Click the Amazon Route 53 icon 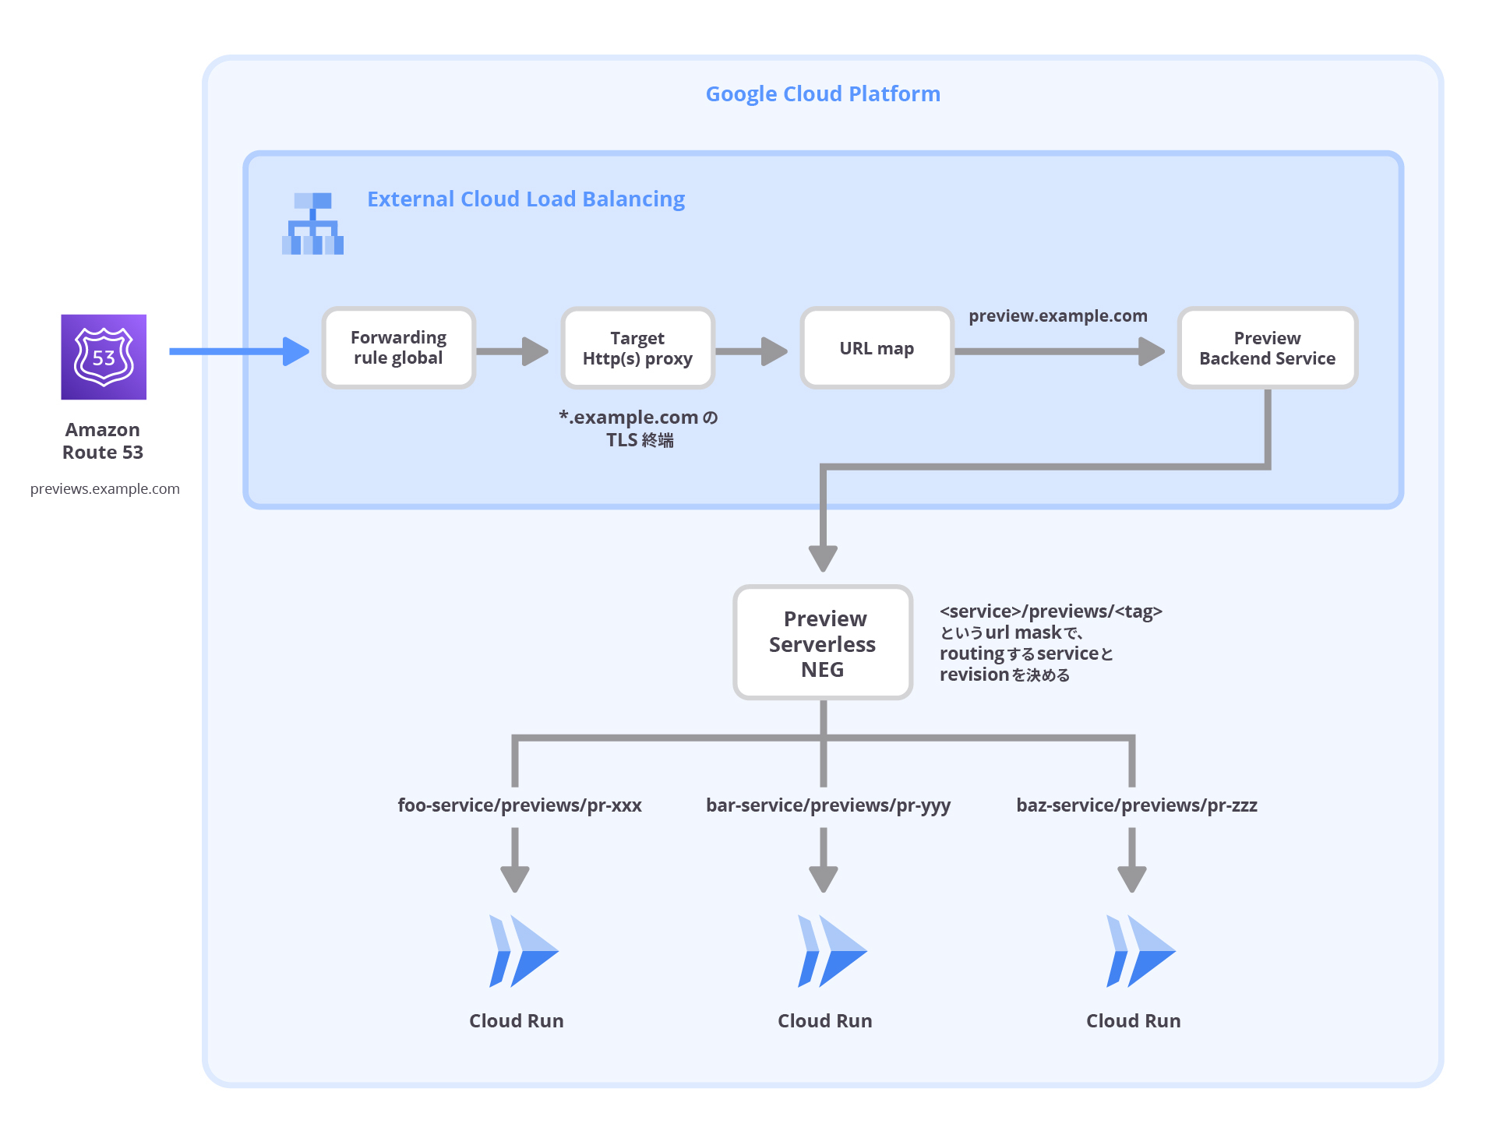click(x=104, y=357)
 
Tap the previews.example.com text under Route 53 click(x=104, y=489)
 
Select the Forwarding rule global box click(x=398, y=348)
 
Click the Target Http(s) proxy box click(x=637, y=348)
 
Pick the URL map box click(x=877, y=348)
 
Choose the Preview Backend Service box click(x=1267, y=348)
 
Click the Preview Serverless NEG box click(x=823, y=643)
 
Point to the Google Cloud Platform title click(x=823, y=93)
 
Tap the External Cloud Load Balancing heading click(x=526, y=199)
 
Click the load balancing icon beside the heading click(x=312, y=224)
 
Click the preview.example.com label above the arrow click(x=1057, y=315)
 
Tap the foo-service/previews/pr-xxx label click(x=519, y=805)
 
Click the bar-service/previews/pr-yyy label click(x=827, y=805)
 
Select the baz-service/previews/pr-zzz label click(x=1136, y=805)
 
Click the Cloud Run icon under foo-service click(x=522, y=951)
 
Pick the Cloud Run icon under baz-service click(x=1139, y=951)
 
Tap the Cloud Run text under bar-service click(x=824, y=1021)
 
